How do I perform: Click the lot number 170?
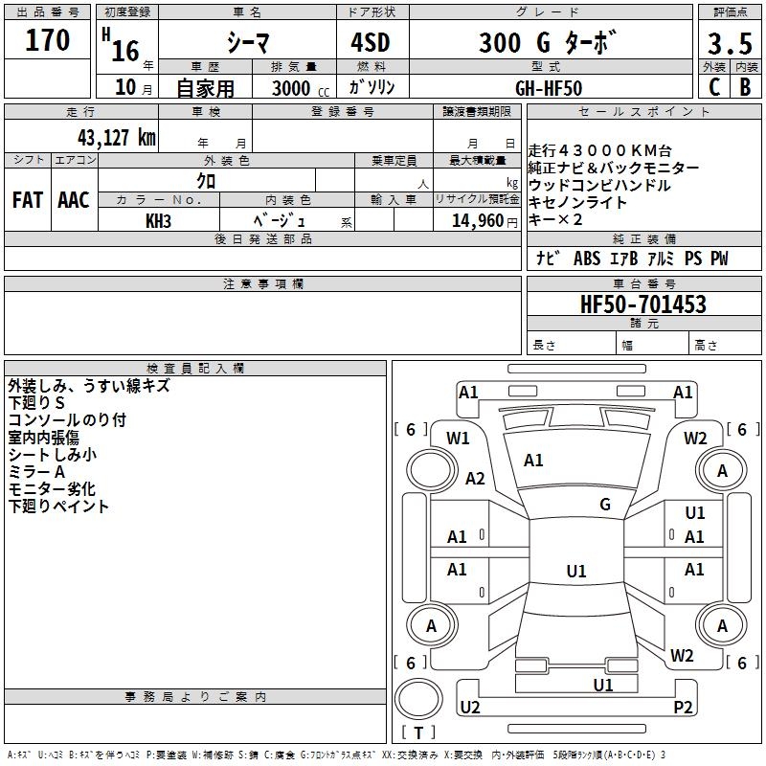point(47,39)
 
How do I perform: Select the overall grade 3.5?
point(730,43)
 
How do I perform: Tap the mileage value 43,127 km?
point(117,137)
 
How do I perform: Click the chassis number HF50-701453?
point(642,304)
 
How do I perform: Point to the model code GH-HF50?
point(549,88)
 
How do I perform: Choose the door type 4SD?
point(371,42)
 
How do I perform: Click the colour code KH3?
point(158,221)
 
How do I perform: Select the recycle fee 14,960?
point(478,221)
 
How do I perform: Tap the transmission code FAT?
point(28,200)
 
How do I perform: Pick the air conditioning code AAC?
point(74,200)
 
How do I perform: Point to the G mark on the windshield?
point(605,505)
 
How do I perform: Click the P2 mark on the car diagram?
point(683,707)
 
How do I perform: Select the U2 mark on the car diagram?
point(470,707)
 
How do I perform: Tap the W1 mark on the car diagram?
point(458,439)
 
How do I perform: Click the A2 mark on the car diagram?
point(475,478)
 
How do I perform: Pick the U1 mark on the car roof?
point(576,571)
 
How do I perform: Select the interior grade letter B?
point(745,87)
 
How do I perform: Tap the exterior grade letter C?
point(714,87)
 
